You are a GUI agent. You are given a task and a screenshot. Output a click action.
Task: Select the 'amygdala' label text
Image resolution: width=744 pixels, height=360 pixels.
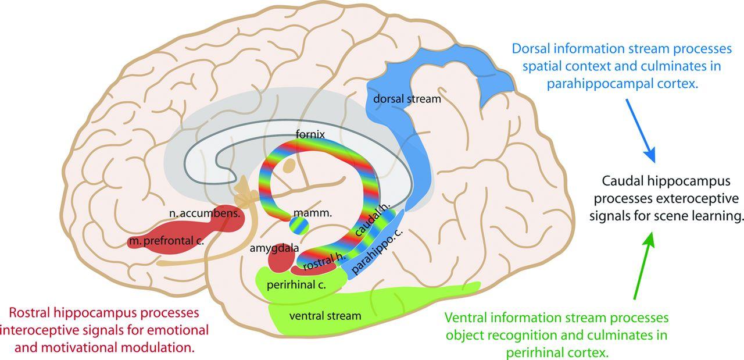[274, 248]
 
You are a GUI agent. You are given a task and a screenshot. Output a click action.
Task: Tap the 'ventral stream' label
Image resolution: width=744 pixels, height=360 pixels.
[325, 316]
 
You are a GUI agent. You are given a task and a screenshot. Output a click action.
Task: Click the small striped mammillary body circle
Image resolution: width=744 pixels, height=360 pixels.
[298, 224]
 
